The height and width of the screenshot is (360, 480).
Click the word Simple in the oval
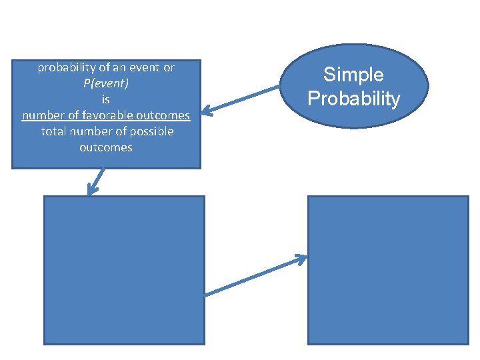353,74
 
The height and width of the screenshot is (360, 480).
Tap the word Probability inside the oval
353,99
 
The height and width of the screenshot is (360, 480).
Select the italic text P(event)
105,83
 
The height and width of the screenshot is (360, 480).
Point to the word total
54,131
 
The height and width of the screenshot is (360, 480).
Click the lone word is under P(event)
105,99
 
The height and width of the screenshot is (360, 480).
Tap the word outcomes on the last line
105,147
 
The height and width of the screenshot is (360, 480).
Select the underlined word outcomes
167,115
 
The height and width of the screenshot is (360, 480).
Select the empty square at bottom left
124,270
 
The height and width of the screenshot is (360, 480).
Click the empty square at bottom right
388,270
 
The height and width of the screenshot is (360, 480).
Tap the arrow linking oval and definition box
243,99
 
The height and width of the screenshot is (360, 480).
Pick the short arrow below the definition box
97,181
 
